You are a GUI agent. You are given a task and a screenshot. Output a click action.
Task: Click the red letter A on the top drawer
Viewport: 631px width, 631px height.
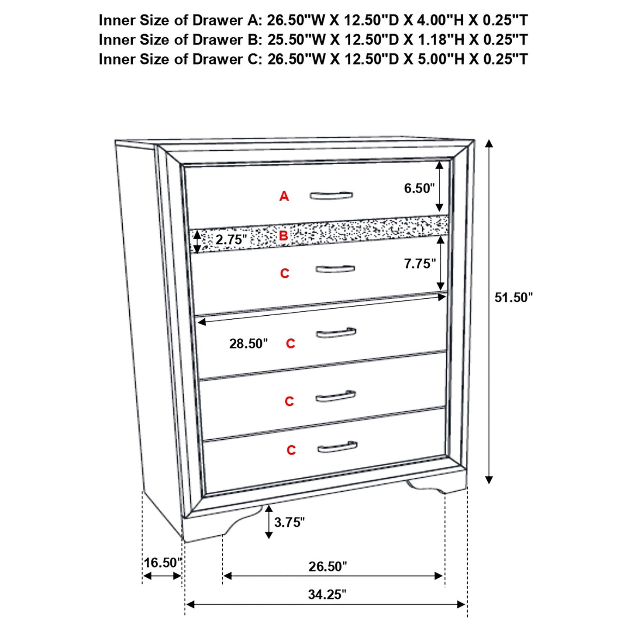pos(284,197)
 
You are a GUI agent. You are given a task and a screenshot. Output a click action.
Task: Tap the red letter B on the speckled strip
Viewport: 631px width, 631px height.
pos(283,236)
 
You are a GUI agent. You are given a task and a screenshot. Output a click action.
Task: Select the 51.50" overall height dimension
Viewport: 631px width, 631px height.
pos(514,297)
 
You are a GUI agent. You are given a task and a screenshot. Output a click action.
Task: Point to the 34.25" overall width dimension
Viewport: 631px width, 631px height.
pos(327,594)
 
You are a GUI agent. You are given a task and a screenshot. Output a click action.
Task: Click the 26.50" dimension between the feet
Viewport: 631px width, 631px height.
pos(328,566)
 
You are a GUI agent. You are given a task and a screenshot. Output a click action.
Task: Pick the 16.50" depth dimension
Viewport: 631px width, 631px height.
pos(162,562)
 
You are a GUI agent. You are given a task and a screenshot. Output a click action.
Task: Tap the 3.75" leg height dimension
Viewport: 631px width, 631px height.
pos(289,522)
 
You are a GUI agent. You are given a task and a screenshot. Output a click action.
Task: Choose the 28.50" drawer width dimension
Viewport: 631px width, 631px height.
pos(248,344)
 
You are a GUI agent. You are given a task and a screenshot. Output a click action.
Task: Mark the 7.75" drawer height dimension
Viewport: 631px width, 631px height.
pos(420,264)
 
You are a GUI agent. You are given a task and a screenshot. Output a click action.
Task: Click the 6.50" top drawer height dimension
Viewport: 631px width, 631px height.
pos(419,188)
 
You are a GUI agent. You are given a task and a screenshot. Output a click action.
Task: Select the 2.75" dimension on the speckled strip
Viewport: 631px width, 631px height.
pos(231,240)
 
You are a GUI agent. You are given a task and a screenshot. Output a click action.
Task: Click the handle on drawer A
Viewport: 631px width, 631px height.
pos(331,195)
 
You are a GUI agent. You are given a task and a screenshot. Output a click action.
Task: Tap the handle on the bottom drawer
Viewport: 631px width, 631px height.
pos(337,447)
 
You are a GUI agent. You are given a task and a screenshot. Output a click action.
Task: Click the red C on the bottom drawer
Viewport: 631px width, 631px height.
pos(291,450)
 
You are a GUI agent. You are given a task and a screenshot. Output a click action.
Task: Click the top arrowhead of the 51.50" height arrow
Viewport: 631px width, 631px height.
pos(489,144)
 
